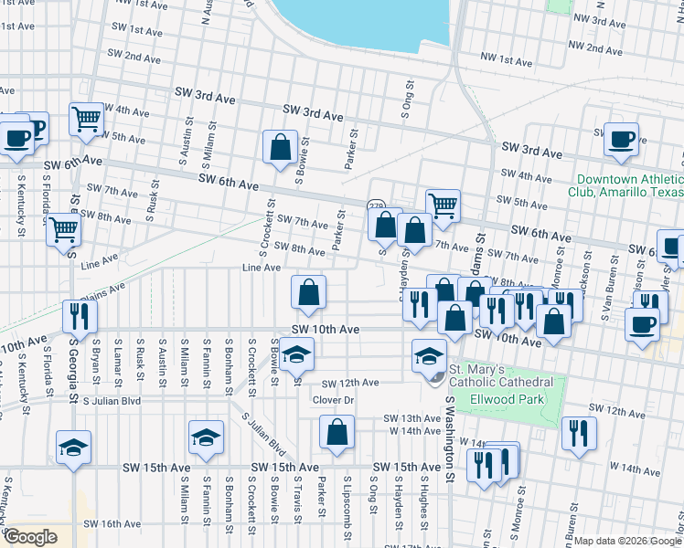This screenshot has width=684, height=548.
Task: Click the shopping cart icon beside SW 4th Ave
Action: (x=86, y=119)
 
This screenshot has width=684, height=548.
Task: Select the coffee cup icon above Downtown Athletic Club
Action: (x=622, y=140)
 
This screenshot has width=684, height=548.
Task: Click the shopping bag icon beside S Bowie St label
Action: (x=280, y=147)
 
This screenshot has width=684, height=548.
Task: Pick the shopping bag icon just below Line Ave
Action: (x=309, y=292)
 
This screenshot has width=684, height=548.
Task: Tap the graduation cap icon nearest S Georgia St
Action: (x=74, y=448)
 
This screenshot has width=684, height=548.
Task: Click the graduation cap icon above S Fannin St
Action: (x=207, y=437)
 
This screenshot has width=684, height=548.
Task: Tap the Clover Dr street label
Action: (x=332, y=400)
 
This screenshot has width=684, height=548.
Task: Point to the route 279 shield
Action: (x=376, y=206)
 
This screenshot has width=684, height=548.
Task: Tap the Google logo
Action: (x=29, y=536)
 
